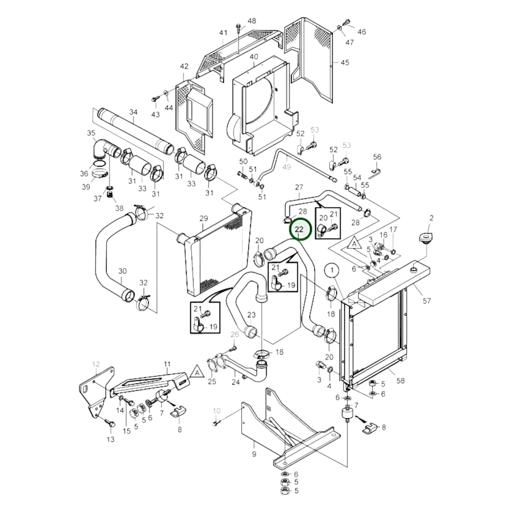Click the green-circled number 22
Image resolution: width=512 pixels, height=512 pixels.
tap(300, 229)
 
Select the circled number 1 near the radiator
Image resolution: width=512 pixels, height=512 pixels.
tap(332, 271)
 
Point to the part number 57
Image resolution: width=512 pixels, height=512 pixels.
tap(427, 300)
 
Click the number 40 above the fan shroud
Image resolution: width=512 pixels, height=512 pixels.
tap(254, 57)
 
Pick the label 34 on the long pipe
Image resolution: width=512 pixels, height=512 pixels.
tap(133, 112)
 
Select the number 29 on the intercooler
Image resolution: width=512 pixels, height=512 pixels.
tap(203, 218)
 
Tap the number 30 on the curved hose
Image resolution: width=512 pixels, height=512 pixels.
tap(122, 271)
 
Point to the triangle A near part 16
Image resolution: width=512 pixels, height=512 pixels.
tap(353, 244)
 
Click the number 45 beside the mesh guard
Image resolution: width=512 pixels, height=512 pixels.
tap(344, 62)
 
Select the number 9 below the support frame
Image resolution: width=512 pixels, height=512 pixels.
tap(254, 454)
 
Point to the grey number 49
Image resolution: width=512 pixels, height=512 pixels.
tap(286, 166)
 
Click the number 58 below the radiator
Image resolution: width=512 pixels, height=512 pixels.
tap(400, 381)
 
